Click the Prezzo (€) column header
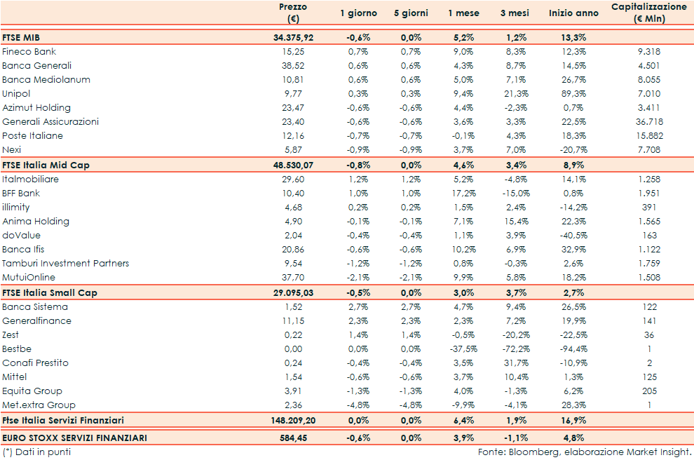click(x=292, y=13)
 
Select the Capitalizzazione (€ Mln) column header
click(x=648, y=13)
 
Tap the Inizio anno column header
click(x=573, y=13)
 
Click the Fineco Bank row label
click(x=29, y=52)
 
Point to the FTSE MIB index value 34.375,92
click(x=293, y=37)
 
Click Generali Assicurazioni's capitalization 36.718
click(x=648, y=122)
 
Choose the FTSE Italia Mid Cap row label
click(x=46, y=165)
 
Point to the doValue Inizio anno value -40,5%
click(x=572, y=236)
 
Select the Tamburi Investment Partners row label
click(x=66, y=264)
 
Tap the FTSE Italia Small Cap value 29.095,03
click(x=293, y=292)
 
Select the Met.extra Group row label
click(x=39, y=405)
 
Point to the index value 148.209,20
click(x=290, y=420)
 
